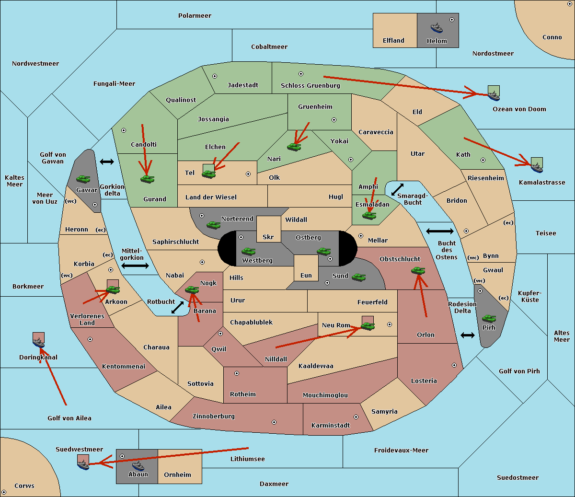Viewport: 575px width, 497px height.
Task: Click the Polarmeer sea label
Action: click(x=195, y=16)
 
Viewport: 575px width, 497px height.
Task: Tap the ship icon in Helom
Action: click(x=437, y=28)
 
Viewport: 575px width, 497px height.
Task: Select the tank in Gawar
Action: click(x=83, y=179)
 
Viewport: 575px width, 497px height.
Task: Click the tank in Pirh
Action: click(x=489, y=319)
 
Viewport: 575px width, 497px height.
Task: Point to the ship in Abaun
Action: click(x=138, y=465)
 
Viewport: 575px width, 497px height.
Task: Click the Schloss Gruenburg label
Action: click(x=310, y=86)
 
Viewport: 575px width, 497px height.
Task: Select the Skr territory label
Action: click(x=268, y=237)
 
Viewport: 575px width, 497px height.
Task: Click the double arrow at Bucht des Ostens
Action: click(x=439, y=231)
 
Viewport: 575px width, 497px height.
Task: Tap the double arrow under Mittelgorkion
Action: click(x=135, y=266)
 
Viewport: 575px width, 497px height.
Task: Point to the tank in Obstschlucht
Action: click(x=418, y=271)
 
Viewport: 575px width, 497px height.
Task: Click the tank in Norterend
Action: click(x=213, y=225)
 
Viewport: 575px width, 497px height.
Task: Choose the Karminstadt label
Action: click(x=331, y=426)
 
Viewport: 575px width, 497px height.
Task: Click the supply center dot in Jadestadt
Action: click(x=215, y=76)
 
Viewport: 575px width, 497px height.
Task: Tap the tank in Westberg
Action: click(x=248, y=251)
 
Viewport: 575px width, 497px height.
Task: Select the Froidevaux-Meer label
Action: click(x=401, y=451)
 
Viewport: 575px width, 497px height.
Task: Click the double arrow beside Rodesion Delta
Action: click(x=468, y=335)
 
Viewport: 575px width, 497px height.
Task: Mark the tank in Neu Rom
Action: click(x=368, y=326)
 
